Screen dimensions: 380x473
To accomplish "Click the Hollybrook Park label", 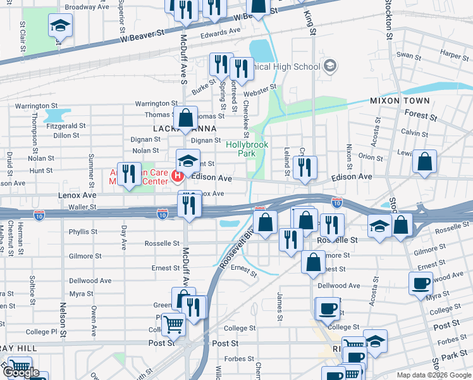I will [x=247, y=149].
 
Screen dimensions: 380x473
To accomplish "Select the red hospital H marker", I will [x=178, y=175].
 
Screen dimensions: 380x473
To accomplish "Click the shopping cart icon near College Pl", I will [x=173, y=325].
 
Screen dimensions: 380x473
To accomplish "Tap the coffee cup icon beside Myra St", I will [x=421, y=283].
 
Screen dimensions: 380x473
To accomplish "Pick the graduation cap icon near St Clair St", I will [x=61, y=26].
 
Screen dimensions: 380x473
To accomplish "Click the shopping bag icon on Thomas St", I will [x=185, y=118].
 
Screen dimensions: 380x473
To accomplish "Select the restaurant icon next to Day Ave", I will [x=129, y=174].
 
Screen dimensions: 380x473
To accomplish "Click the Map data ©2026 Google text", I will [x=434, y=375].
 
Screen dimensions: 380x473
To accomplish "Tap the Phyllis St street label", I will [x=83, y=232].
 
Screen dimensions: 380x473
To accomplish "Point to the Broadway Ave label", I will [x=87, y=8].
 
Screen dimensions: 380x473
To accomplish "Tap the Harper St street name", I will [x=455, y=56].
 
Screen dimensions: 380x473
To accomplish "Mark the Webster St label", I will [x=264, y=89].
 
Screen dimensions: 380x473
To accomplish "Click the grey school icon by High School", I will [x=329, y=66].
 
